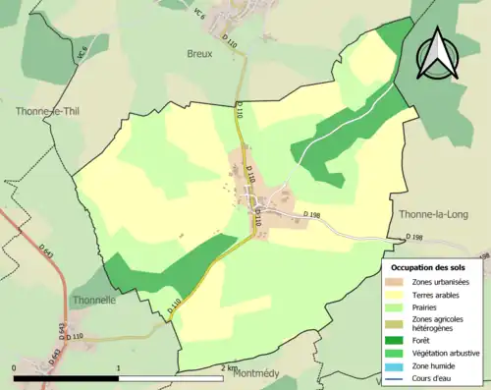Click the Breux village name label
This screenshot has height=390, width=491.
(x=199, y=55)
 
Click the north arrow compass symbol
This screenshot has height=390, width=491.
(x=438, y=54)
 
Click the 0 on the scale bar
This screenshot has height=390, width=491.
(x=15, y=368)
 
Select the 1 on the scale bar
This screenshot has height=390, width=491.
(x=119, y=368)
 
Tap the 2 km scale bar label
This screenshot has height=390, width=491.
(x=229, y=368)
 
